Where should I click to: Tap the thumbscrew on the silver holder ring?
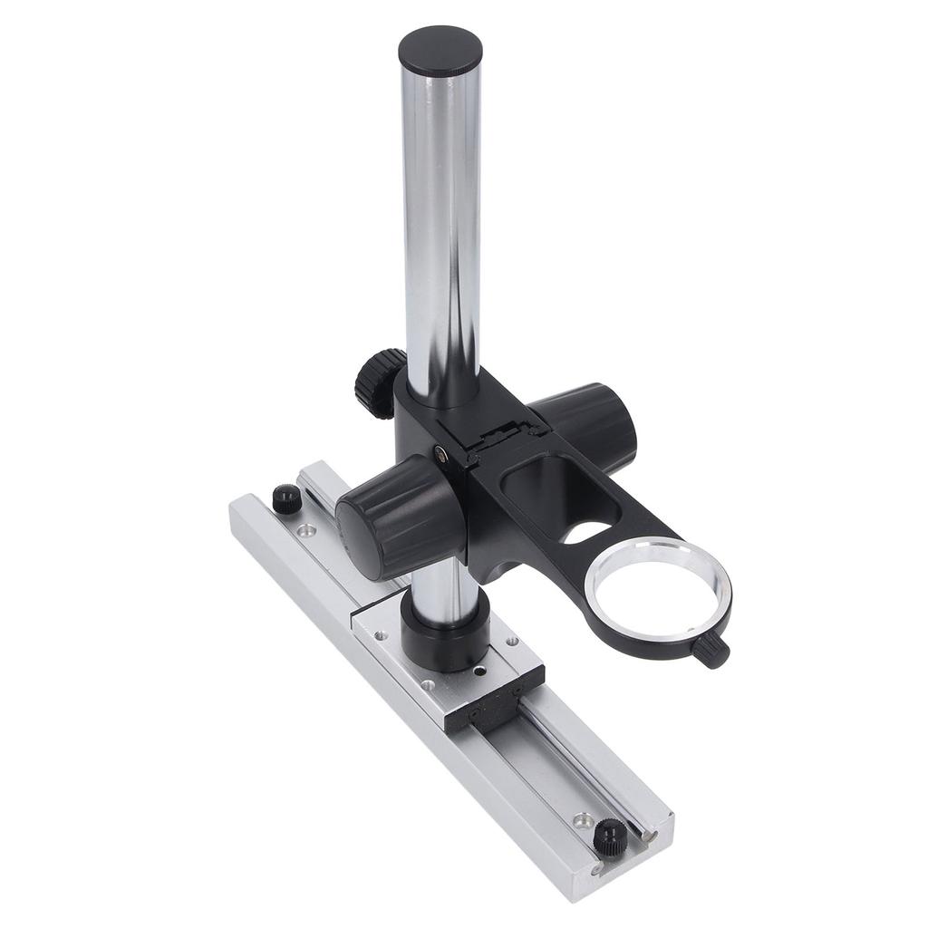pyautogui.click(x=714, y=649)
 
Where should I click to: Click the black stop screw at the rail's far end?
pyautogui.click(x=285, y=498)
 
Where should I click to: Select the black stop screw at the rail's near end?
pyautogui.click(x=609, y=833)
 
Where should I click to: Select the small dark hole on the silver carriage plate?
pyautogui.click(x=478, y=672)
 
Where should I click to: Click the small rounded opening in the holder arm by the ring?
pyautogui.click(x=585, y=529)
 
